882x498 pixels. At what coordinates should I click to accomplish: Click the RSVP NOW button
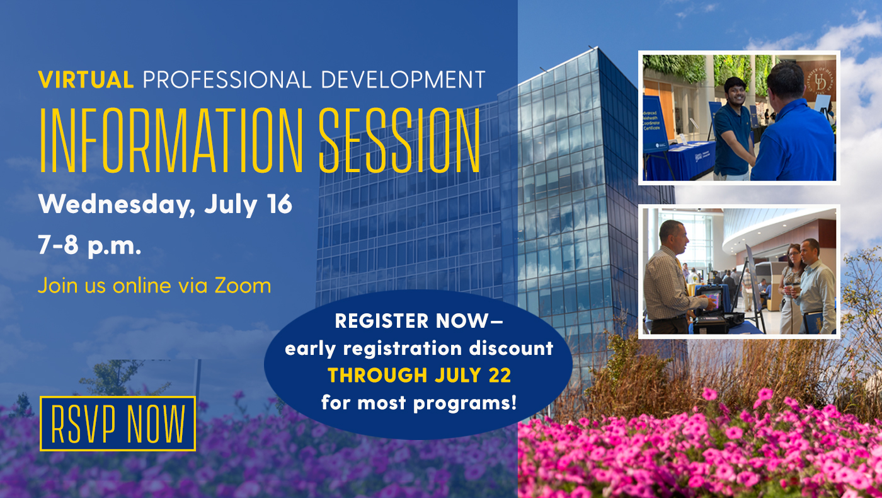pos(118,424)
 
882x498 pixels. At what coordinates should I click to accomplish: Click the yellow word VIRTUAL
pos(86,79)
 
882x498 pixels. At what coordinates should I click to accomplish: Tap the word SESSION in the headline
pos(399,140)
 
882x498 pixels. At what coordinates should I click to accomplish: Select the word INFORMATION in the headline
pos(171,140)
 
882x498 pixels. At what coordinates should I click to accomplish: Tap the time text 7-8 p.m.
pos(89,245)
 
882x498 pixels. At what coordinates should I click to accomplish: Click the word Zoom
pos(243,286)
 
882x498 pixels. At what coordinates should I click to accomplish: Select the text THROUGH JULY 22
pos(420,374)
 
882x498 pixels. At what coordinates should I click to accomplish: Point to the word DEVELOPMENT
pos(403,79)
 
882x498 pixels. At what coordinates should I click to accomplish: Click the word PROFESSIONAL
pos(227,79)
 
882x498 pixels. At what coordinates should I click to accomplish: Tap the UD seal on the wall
pos(820,81)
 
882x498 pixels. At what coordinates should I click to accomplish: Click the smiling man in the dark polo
pos(733,128)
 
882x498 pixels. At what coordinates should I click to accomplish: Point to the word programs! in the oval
pos(465,403)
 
